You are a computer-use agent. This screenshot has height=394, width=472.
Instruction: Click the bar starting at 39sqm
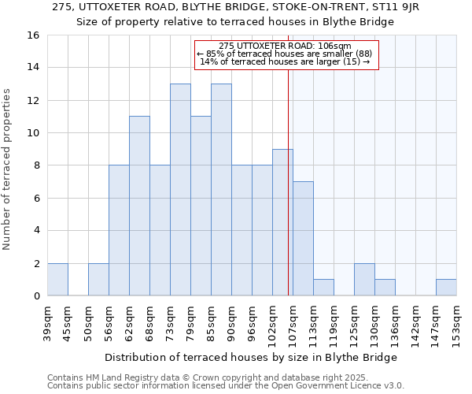[x=57, y=280]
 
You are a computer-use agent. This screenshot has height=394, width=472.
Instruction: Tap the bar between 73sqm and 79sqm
[x=180, y=190]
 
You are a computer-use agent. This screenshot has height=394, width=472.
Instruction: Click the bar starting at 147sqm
[x=446, y=288]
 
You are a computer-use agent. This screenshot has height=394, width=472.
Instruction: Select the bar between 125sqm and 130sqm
[x=364, y=280]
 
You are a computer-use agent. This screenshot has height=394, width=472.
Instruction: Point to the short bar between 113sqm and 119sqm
[x=323, y=288]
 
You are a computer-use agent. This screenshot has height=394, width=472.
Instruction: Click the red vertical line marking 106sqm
[x=289, y=197]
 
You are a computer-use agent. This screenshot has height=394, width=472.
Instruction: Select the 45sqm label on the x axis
[x=68, y=322]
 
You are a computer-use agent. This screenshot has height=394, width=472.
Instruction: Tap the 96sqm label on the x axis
[x=252, y=322]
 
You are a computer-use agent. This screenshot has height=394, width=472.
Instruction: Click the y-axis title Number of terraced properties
[x=9, y=169]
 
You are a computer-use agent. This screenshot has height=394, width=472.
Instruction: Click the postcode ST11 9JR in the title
[x=396, y=7]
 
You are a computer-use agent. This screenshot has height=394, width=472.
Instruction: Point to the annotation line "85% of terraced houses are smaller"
[x=286, y=54]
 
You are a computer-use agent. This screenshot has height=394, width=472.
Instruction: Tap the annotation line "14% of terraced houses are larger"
[x=286, y=61]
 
